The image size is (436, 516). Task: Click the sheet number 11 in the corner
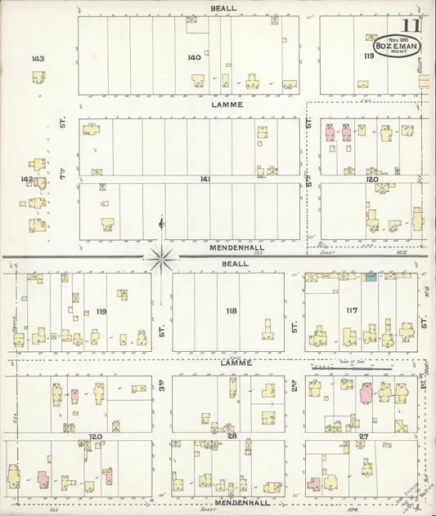pos(411,26)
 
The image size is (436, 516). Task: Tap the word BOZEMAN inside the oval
pos(396,47)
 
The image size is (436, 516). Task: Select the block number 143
pos(37,59)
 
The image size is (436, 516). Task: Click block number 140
pos(194,57)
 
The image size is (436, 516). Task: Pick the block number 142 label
pos(27,179)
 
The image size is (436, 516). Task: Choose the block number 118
pos(231,310)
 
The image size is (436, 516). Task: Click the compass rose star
pos(162,258)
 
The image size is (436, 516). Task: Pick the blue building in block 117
pos(371,278)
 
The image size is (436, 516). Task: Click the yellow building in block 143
pos(38,78)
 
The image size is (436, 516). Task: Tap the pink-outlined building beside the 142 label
pos(40,183)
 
